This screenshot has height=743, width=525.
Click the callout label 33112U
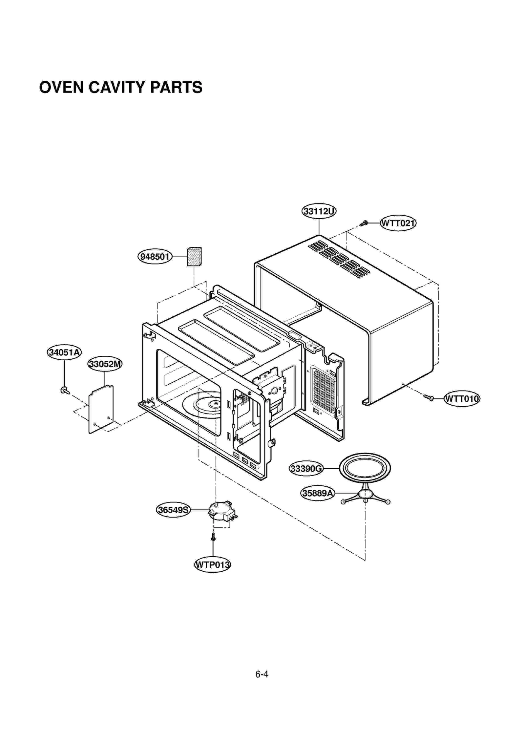pos(319,211)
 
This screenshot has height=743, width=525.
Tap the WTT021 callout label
pos(398,223)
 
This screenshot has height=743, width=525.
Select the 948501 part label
pos(155,256)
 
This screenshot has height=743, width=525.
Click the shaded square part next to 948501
pos(194,257)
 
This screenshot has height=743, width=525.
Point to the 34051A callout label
pos(64,352)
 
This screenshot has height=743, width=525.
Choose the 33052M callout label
pos(105,364)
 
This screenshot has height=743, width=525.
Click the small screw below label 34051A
pos(65,391)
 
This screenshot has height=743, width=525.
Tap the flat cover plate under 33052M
pos(101,410)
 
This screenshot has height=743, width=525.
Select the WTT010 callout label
pos(462,399)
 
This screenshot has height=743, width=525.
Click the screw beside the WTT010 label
pos(428,397)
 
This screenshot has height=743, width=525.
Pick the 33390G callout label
pos(306,469)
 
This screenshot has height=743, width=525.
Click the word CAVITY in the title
pos(116,87)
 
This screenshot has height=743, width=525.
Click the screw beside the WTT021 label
pos(364,223)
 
